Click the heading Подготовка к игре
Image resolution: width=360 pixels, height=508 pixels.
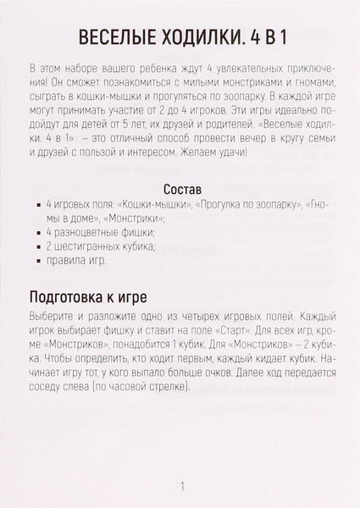89,297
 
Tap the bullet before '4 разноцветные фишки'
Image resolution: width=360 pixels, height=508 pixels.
39,233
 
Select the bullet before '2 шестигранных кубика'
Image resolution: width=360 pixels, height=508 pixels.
39,247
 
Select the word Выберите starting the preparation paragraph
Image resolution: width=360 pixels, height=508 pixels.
53,316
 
